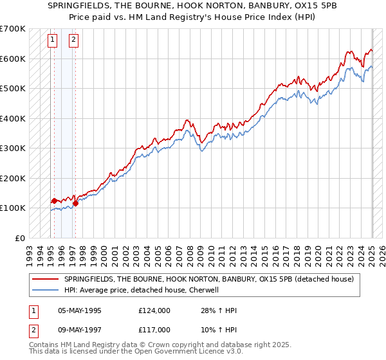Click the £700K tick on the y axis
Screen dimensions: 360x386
pyautogui.click(x=13, y=29)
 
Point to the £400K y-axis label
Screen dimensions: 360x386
pyautogui.click(x=13, y=118)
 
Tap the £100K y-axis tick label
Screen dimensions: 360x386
pyautogui.click(x=13, y=208)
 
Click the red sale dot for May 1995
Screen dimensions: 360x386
pyautogui.click(x=54, y=201)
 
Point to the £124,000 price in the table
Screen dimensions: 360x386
pyautogui.click(x=154, y=310)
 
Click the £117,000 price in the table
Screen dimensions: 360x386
pyautogui.click(x=154, y=329)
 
